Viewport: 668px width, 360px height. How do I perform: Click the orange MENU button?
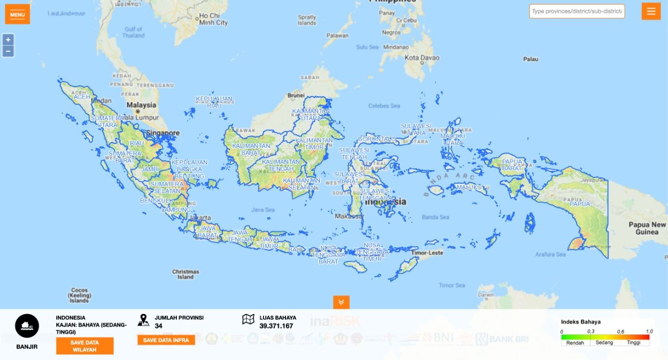coord(17,14)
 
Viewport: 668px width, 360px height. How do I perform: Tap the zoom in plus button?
coord(8,40)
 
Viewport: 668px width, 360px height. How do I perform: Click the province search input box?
coord(577,11)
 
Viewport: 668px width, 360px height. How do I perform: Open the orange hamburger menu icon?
coord(651,11)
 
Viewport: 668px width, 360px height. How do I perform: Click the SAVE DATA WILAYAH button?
coord(85,345)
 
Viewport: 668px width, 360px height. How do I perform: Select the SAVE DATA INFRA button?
coord(166,340)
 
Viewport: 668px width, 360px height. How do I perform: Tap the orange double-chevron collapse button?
coord(341,302)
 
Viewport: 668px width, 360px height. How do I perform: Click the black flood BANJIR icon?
coord(27,327)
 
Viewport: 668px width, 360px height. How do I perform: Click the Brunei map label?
coord(296,95)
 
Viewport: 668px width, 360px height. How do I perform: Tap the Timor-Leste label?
coord(427,253)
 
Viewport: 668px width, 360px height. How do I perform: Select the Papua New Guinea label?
coord(647,228)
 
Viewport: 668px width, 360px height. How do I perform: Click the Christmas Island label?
coord(185,274)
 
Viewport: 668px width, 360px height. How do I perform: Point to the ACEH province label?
coord(82,97)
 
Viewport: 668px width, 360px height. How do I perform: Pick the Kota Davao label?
coord(422,58)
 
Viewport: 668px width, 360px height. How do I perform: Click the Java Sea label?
coord(263,210)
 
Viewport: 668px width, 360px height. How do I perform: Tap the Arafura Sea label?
coord(551,255)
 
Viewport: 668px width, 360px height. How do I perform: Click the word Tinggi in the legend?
coord(634,343)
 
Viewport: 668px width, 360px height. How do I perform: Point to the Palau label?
coord(530,59)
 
